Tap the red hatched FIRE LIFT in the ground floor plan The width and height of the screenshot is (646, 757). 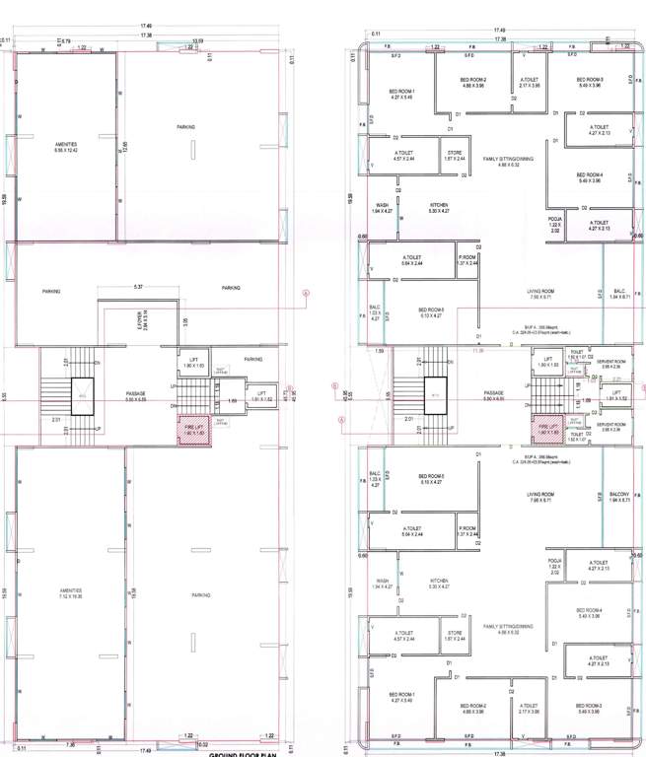coord(191,430)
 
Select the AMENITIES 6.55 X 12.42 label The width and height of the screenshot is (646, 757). coord(67,147)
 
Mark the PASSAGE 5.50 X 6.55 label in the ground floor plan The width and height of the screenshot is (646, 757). coord(136,396)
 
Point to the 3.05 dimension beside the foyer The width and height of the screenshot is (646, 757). coord(184,321)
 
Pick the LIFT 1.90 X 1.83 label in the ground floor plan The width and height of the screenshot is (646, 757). coord(194,362)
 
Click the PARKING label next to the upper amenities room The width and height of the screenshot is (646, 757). coord(185,127)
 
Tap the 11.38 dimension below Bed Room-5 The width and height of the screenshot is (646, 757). coord(479,350)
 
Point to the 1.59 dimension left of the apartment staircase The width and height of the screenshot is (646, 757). coord(380,350)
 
